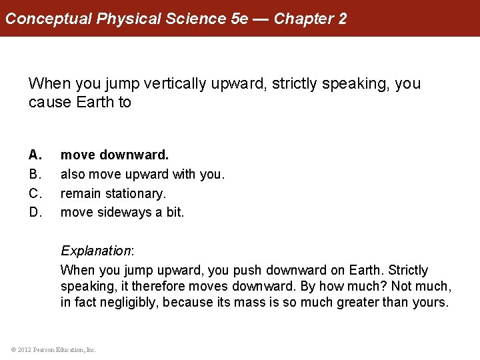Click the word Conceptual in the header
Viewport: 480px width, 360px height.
[x=49, y=18]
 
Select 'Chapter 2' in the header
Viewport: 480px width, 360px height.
[x=310, y=18]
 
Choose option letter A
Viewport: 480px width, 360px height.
[x=35, y=155]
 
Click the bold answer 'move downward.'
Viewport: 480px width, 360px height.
[x=115, y=155]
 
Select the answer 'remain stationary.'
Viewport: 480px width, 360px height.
[x=113, y=193]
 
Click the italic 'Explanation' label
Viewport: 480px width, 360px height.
[x=96, y=251]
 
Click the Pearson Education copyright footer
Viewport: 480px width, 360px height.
[x=54, y=349]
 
